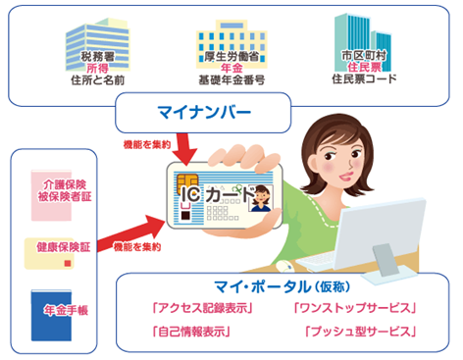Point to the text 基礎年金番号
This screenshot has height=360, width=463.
[x=228, y=79]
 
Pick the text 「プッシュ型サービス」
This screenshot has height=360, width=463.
[x=359, y=332]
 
